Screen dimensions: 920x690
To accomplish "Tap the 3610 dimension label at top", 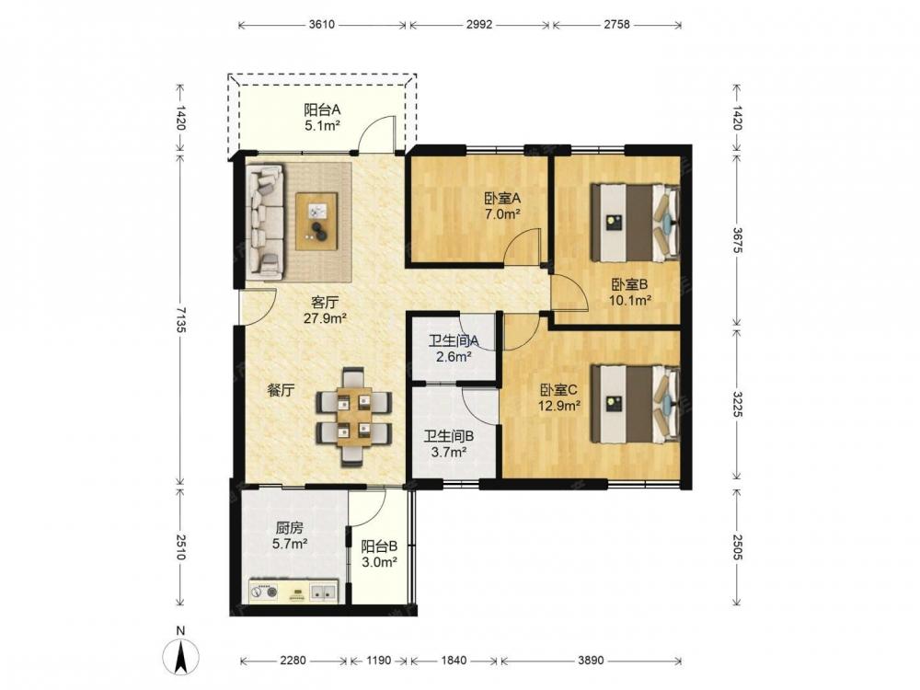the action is click(321, 25).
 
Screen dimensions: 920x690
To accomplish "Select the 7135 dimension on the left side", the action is click(181, 320).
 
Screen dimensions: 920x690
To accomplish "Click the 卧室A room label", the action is click(502, 199).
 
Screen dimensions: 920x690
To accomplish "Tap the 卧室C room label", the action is click(559, 389).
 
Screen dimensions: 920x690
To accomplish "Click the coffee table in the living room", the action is click(316, 221).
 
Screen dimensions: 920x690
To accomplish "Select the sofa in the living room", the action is click(265, 221).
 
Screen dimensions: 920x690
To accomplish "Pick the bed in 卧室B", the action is click(636, 223).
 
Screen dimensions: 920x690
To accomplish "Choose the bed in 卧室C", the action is click(636, 404).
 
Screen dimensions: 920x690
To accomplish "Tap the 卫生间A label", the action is click(454, 341).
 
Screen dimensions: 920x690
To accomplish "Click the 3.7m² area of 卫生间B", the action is click(449, 452).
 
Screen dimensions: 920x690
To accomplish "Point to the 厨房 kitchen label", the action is click(290, 527).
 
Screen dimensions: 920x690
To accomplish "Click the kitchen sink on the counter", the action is click(323, 592).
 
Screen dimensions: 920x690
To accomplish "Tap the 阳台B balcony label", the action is click(379, 546).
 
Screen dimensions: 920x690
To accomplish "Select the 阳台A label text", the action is click(322, 109).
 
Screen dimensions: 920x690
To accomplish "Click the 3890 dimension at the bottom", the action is click(591, 660).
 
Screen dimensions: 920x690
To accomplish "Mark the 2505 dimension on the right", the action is click(738, 546).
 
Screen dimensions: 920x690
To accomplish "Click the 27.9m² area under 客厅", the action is click(325, 318).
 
